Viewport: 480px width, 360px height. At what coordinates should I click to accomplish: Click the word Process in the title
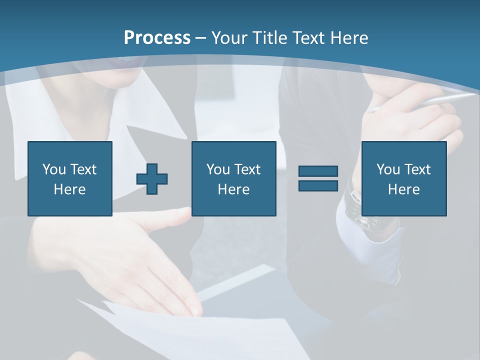pyautogui.click(x=157, y=38)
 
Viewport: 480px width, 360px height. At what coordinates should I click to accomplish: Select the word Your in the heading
pyautogui.click(x=230, y=38)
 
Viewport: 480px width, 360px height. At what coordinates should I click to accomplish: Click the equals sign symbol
pyautogui.click(x=318, y=178)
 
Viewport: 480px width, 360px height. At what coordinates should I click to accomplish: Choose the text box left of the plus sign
pyautogui.click(x=70, y=178)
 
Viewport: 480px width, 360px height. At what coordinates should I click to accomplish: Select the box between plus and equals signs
pyautogui.click(x=234, y=178)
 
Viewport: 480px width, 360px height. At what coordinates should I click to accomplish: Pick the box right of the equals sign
pyautogui.click(x=404, y=178)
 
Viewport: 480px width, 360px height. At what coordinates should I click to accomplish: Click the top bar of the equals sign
pyautogui.click(x=318, y=171)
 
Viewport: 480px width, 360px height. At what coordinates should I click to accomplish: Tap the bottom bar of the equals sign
pyautogui.click(x=318, y=185)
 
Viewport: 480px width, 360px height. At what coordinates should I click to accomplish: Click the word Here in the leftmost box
pyautogui.click(x=70, y=189)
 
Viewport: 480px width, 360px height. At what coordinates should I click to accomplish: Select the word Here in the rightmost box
pyautogui.click(x=404, y=189)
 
